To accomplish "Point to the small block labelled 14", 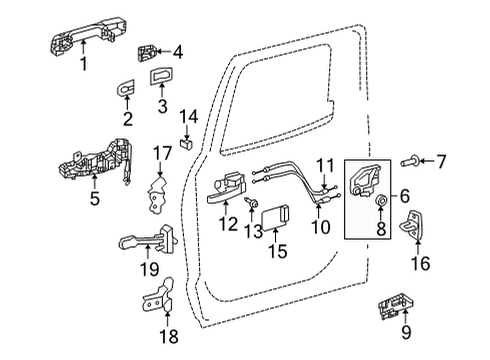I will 185,142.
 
